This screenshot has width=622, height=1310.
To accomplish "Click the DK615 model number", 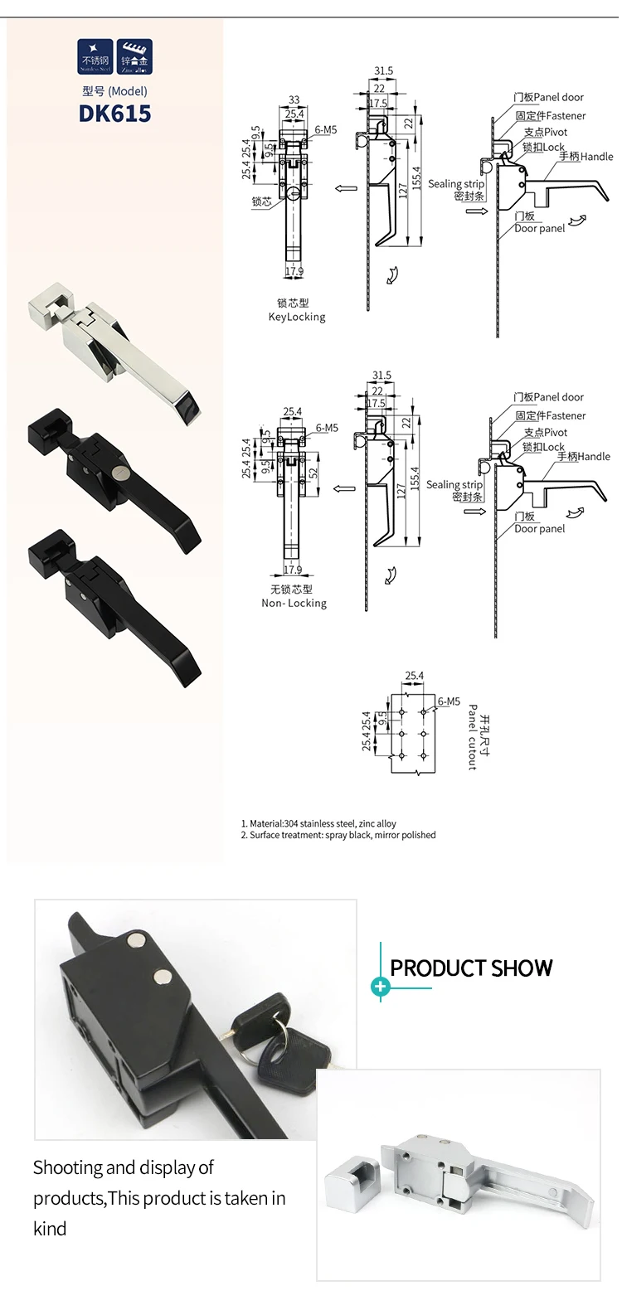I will point(115,114).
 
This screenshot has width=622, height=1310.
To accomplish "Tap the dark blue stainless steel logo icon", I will point(95,56).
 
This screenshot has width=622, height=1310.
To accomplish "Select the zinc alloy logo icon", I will point(134,56).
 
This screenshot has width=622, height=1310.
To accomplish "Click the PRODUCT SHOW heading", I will point(471,968).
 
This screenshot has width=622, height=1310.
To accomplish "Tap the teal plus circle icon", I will point(381,987).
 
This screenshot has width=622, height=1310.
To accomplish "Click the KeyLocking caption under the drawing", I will point(297,317).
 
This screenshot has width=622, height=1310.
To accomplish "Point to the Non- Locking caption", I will point(294,604).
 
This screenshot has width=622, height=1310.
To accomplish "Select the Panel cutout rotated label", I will point(472,737).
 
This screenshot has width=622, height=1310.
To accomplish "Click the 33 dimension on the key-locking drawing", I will point(294,99).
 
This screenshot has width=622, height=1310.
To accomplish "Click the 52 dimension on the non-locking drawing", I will point(313,473).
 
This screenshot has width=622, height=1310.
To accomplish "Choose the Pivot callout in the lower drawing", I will point(546,433).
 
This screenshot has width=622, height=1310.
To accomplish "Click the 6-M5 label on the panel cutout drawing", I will point(449,701).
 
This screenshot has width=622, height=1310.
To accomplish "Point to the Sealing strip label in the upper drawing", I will point(456,184).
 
